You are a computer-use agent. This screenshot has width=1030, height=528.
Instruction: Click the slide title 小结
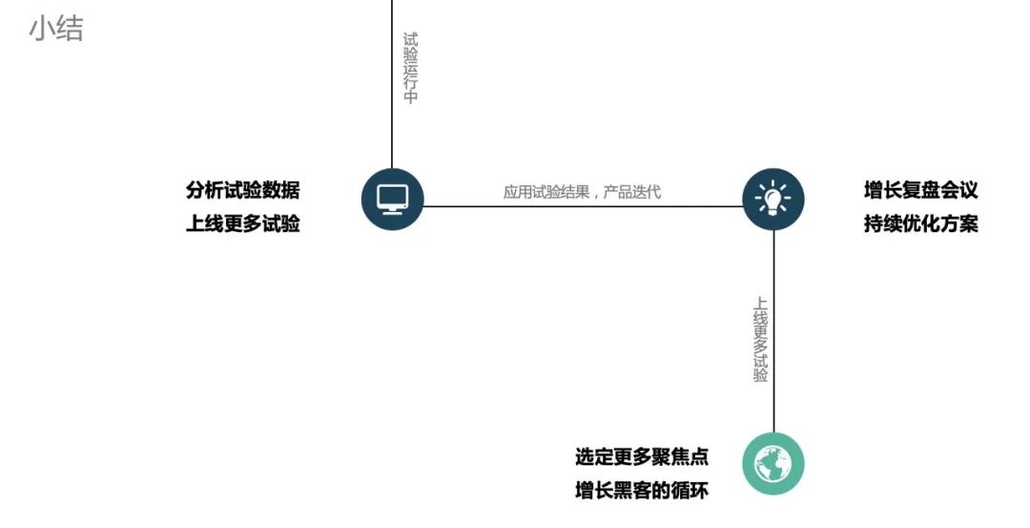[56, 30]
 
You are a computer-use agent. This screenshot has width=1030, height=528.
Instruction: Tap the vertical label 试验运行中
[410, 68]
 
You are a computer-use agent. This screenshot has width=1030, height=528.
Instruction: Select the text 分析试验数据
[243, 190]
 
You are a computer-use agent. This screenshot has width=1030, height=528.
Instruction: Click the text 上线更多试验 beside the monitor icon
[243, 223]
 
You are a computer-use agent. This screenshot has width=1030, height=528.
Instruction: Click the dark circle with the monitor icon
[393, 200]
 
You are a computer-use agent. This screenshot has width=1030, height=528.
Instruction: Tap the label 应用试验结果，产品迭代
[582, 192]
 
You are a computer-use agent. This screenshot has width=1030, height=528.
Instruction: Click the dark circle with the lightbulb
[773, 200]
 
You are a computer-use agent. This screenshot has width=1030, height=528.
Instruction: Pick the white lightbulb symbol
[773, 199]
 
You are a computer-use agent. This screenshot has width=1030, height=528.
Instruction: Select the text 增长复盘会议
[921, 190]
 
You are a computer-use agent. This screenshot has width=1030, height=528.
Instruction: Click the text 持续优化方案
[921, 223]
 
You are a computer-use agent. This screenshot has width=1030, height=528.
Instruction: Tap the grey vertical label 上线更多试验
[760, 340]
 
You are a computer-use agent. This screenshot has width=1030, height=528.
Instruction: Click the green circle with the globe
[773, 464]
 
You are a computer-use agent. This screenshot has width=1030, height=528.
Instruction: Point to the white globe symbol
[773, 464]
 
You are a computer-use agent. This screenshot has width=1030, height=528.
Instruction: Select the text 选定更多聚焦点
[642, 457]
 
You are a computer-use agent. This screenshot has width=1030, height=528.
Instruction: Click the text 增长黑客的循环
[642, 491]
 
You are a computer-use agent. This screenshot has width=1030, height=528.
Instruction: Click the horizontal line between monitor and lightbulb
[584, 206]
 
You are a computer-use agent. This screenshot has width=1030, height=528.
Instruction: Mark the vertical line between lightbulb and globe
[773, 331]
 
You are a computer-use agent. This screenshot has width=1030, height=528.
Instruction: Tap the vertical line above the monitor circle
[392, 84]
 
